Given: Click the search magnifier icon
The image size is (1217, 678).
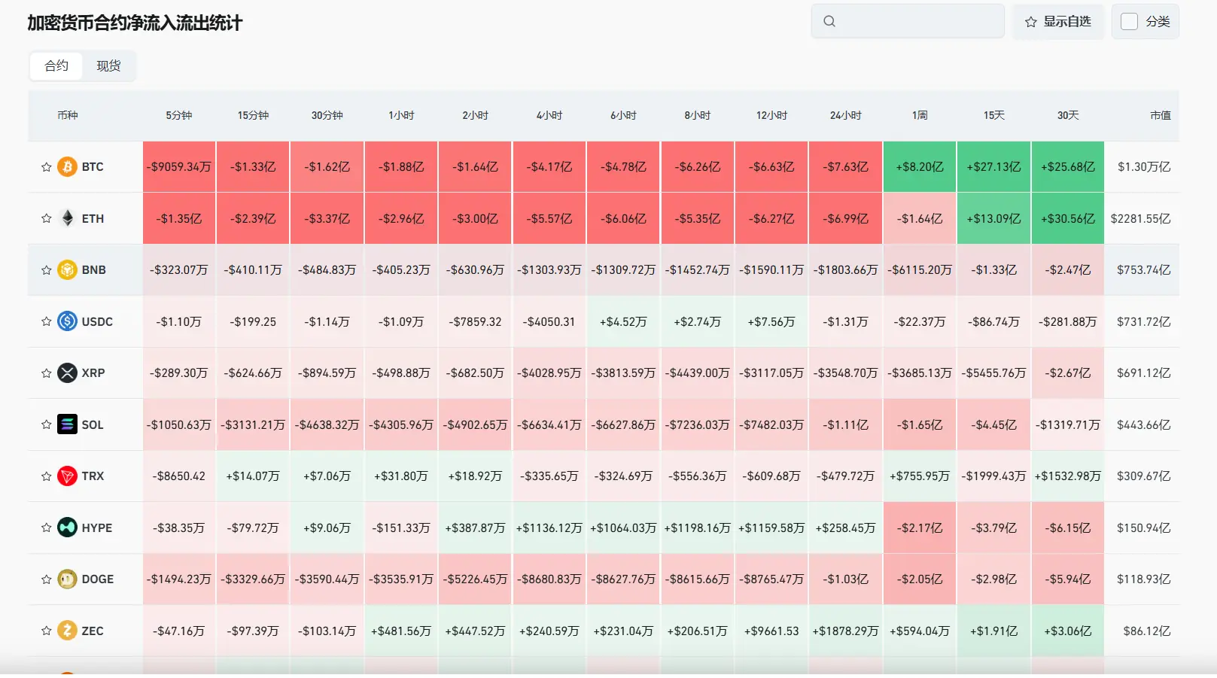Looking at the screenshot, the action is pyautogui.click(x=829, y=21).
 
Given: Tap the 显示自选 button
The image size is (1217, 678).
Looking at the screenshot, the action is pyautogui.click(x=1057, y=21).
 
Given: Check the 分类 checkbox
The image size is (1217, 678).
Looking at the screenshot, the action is pyautogui.click(x=1129, y=21).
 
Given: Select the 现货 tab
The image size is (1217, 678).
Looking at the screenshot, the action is pyautogui.click(x=108, y=65).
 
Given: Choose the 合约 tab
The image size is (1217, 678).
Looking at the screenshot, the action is pyautogui.click(x=56, y=65).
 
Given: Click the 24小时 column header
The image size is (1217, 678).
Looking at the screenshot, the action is pyautogui.click(x=845, y=115).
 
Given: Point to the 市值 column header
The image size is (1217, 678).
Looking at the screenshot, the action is pyautogui.click(x=1161, y=115).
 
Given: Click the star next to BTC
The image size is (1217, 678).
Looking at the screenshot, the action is pyautogui.click(x=46, y=167).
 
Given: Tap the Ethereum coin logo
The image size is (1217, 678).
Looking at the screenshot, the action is pyautogui.click(x=68, y=218).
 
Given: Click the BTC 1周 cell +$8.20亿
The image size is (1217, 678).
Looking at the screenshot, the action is pyautogui.click(x=919, y=167).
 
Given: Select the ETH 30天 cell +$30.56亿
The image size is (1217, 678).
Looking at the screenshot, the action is pyautogui.click(x=1067, y=218).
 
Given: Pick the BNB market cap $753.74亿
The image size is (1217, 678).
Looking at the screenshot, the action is pyautogui.click(x=1144, y=270).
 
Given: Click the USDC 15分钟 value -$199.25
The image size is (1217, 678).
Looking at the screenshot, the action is pyautogui.click(x=253, y=321).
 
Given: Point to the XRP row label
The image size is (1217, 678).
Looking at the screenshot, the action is pyautogui.click(x=93, y=373).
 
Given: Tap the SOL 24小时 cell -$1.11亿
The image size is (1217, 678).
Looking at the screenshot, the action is pyautogui.click(x=845, y=425).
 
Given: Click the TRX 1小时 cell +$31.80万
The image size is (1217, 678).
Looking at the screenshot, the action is pyautogui.click(x=401, y=476).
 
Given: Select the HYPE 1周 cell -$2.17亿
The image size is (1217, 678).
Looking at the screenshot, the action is pyautogui.click(x=919, y=528).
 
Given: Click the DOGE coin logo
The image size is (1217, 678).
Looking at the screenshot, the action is pyautogui.click(x=68, y=579).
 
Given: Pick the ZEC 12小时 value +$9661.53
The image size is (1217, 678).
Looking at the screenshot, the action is pyautogui.click(x=771, y=631).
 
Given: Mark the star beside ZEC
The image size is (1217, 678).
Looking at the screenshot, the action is pyautogui.click(x=46, y=631).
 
